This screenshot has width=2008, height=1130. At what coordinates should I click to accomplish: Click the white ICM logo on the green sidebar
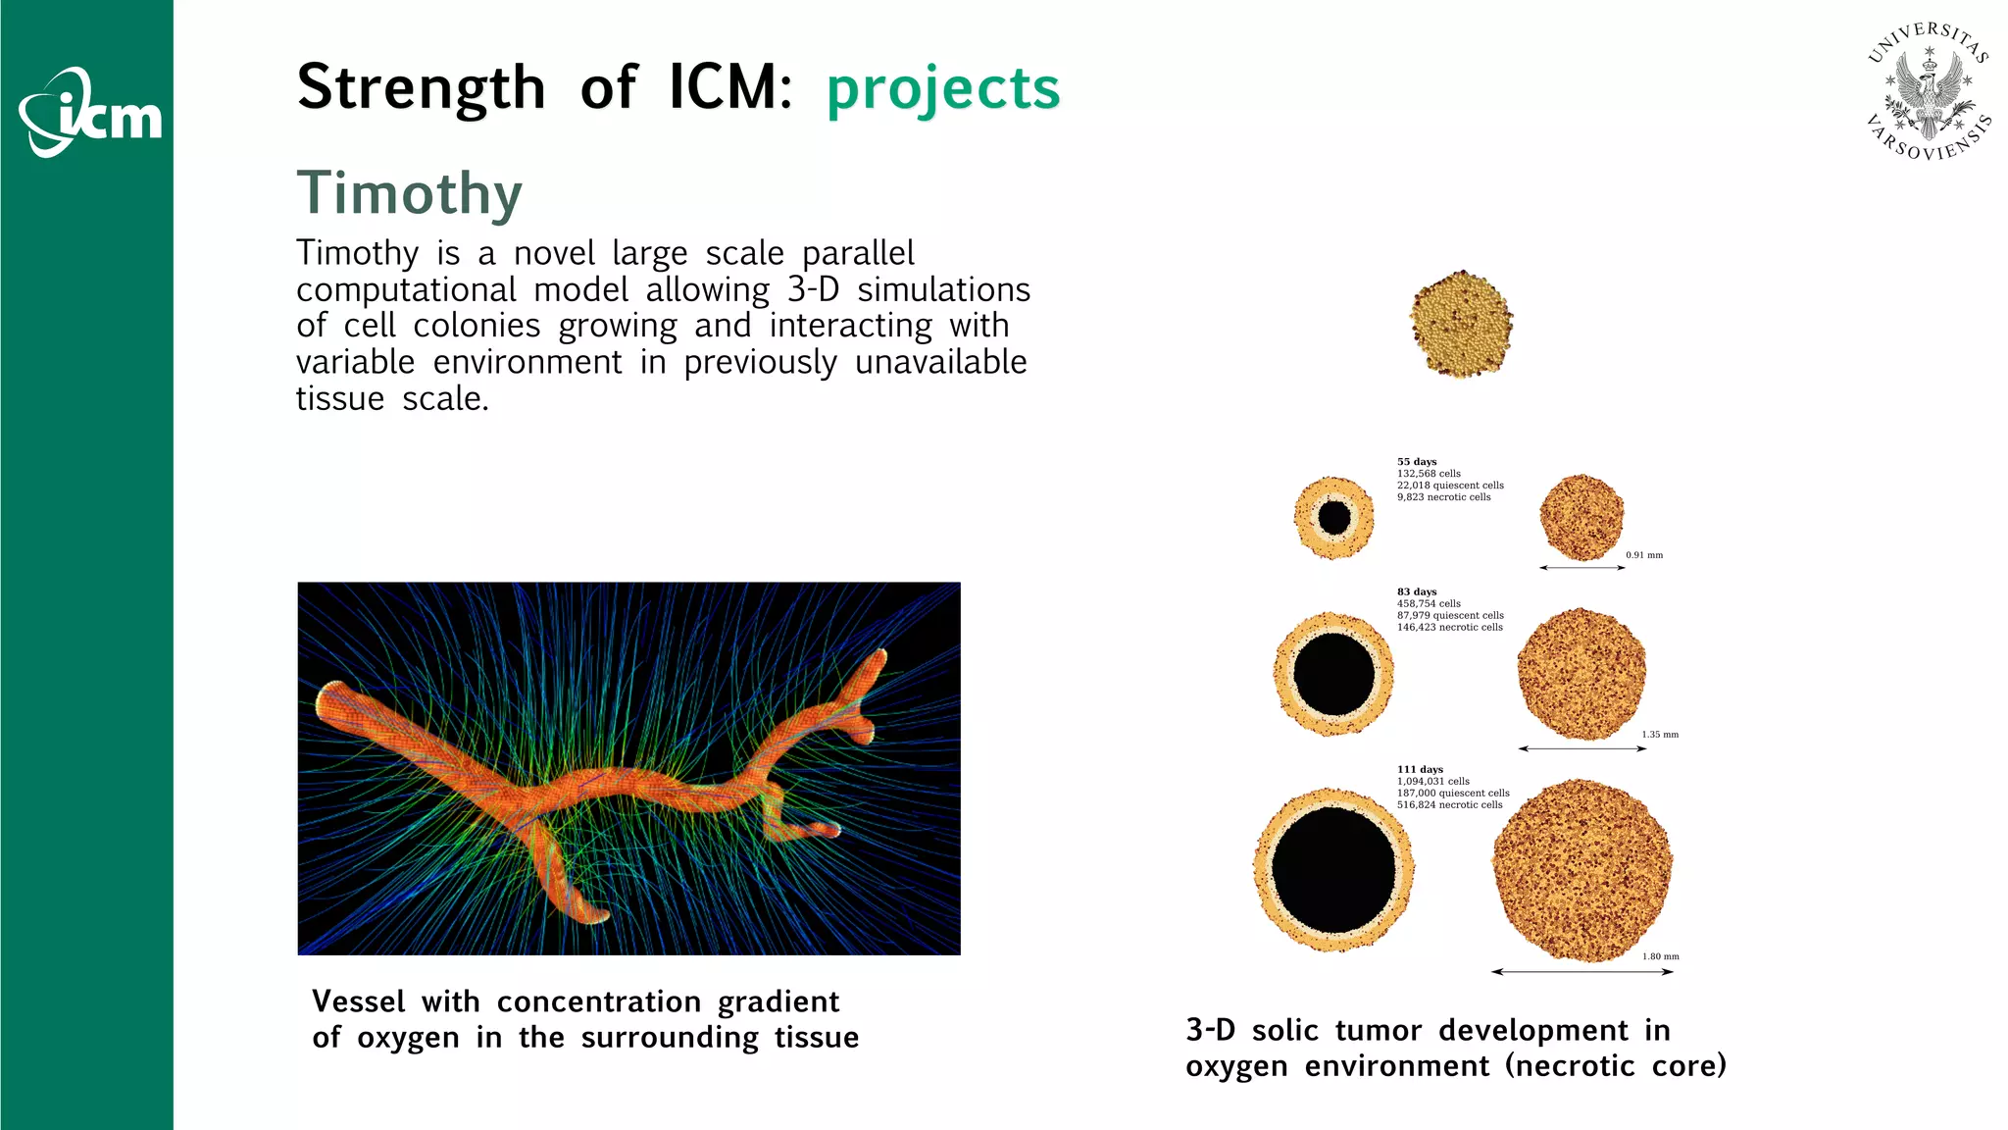[90, 114]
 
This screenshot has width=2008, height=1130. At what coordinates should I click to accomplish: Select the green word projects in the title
[943, 88]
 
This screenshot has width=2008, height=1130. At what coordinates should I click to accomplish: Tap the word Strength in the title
[421, 88]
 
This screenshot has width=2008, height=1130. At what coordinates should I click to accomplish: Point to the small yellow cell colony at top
[1461, 324]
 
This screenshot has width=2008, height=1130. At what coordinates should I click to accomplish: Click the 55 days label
[1417, 461]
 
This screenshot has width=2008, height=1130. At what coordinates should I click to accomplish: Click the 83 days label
[1417, 591]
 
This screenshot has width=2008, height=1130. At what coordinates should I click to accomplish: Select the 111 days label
[1420, 769]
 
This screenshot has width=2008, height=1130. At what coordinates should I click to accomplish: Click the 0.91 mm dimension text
[1644, 555]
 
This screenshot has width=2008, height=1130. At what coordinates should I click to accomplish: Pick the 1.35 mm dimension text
[1660, 734]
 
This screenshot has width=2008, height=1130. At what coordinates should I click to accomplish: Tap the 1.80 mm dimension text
[1661, 956]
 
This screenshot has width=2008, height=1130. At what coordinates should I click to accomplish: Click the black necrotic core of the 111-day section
[1333, 870]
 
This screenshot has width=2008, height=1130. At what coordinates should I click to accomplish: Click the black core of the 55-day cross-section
[1333, 517]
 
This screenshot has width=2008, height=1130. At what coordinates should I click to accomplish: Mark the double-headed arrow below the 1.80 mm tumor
[1581, 972]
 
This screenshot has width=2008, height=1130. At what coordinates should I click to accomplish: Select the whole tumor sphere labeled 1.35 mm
[1581, 674]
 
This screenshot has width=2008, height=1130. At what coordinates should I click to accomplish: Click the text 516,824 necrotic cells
[1449, 805]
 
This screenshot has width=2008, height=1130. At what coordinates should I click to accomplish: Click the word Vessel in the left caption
[358, 1002]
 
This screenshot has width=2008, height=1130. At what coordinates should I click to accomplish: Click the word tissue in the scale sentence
[340, 398]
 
